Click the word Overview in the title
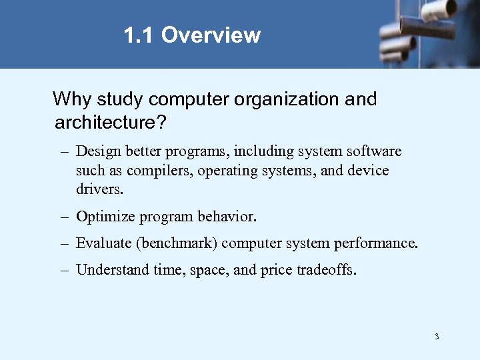click(211, 35)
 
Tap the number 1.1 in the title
click(139, 35)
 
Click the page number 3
click(437, 336)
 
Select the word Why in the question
click(72, 99)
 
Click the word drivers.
click(100, 189)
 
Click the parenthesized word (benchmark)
click(177, 243)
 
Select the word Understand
click(111, 270)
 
